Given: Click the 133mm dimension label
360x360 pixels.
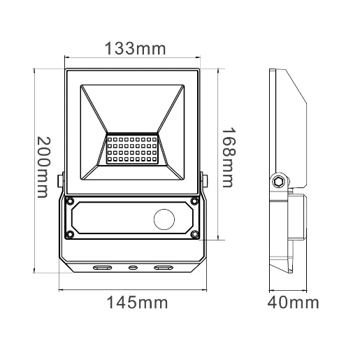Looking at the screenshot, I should pos(134,49).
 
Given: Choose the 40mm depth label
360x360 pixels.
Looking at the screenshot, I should pos(293,303).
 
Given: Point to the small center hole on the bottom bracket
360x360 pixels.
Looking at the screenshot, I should pos(133,267).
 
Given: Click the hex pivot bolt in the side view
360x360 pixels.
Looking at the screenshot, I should pos(280,181).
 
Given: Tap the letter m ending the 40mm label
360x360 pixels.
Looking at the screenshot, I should pos(312,303).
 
